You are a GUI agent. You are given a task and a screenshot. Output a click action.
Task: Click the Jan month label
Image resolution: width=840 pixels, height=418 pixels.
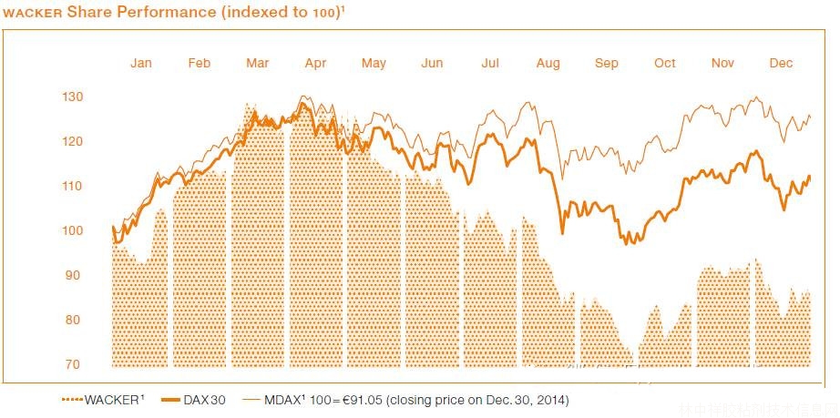pos(141,63)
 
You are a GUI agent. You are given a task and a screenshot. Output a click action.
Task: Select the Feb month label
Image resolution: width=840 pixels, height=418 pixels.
pos(200,63)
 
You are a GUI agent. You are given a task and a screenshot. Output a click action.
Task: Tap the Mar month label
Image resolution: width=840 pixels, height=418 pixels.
pos(258,63)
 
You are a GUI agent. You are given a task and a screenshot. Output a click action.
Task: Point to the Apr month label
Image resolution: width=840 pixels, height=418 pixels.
pos(315,63)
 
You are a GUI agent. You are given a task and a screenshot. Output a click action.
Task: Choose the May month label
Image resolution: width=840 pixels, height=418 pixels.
pos(374,63)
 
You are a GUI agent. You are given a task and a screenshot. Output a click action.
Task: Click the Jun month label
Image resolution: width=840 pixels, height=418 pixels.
pos(432,63)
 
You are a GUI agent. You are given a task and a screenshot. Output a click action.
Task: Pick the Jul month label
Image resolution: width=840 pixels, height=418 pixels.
pos(490,63)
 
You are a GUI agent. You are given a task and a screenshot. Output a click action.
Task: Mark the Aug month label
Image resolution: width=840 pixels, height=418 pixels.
pos(548,63)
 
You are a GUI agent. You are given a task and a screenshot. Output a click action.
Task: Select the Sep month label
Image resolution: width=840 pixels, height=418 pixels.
pos(607,63)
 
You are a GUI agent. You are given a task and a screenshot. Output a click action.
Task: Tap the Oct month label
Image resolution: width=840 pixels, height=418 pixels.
pos(665,63)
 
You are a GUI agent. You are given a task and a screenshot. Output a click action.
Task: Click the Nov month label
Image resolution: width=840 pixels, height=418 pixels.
pos(723,63)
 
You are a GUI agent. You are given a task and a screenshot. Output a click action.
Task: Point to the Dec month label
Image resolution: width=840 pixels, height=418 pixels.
pos(782,63)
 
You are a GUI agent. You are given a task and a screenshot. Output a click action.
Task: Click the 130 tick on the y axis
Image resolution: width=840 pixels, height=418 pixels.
pos(73,97)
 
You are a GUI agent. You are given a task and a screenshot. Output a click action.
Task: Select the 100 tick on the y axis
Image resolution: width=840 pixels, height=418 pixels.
pos(73,230)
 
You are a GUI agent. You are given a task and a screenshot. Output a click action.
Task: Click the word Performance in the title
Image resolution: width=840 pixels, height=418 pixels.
pos(140,12)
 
